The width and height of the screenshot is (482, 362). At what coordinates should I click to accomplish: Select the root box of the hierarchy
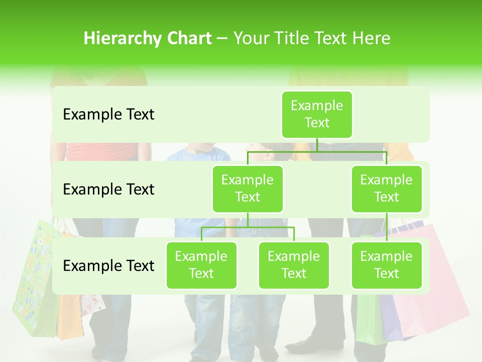(x=317, y=115)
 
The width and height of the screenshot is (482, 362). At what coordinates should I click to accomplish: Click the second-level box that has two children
(x=248, y=189)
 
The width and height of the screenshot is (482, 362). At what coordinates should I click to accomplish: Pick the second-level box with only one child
(x=386, y=189)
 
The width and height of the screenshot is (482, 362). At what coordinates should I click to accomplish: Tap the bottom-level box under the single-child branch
(x=386, y=265)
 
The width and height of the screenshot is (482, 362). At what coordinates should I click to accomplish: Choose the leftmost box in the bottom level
(x=201, y=265)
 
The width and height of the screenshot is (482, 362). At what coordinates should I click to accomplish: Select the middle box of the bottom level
(x=294, y=265)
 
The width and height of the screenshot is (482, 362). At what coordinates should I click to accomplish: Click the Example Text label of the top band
(x=108, y=115)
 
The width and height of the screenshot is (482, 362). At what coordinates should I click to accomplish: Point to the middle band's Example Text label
(x=108, y=190)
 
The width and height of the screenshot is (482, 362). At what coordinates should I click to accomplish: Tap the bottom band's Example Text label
(x=108, y=265)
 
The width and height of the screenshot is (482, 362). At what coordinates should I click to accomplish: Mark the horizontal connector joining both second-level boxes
(x=317, y=151)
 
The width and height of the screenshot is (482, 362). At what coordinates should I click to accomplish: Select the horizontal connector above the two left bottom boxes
(x=248, y=227)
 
